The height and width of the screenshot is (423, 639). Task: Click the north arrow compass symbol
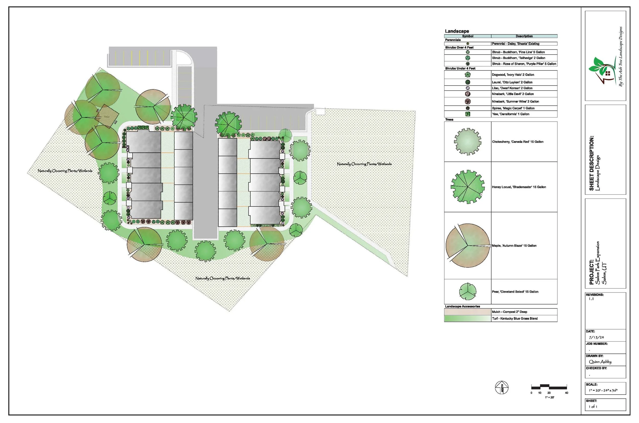pyautogui.click(x=501, y=388)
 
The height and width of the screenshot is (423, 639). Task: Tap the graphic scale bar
pyautogui.click(x=549, y=387)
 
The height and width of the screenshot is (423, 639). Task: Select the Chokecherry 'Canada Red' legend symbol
pyautogui.click(x=467, y=142)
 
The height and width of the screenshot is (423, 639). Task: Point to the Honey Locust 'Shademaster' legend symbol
pyautogui.click(x=467, y=187)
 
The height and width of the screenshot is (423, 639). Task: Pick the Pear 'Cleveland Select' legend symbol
pyautogui.click(x=467, y=292)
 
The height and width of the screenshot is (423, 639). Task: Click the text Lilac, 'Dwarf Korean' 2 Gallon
pyautogui.click(x=512, y=88)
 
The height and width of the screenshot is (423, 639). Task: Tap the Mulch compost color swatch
pyautogui.click(x=467, y=312)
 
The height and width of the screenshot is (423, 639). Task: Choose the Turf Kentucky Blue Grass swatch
pyautogui.click(x=467, y=319)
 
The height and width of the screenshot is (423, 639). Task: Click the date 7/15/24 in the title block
pyautogui.click(x=596, y=337)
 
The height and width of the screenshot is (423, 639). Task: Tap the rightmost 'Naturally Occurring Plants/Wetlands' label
pyautogui.click(x=364, y=164)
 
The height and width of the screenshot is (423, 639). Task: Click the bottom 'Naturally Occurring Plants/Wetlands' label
pyautogui.click(x=222, y=278)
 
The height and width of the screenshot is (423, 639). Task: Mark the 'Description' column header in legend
pyautogui.click(x=524, y=36)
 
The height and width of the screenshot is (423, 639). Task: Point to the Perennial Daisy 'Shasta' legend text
pyautogui.click(x=515, y=44)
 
